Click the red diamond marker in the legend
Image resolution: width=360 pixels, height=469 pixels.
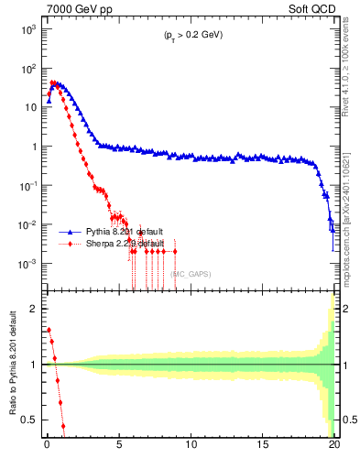71,244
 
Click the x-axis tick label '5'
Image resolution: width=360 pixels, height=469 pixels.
119,448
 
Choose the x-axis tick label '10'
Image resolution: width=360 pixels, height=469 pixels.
191,448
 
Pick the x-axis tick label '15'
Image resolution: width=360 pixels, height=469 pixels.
263,448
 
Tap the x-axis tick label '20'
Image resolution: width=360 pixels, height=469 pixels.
334,448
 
